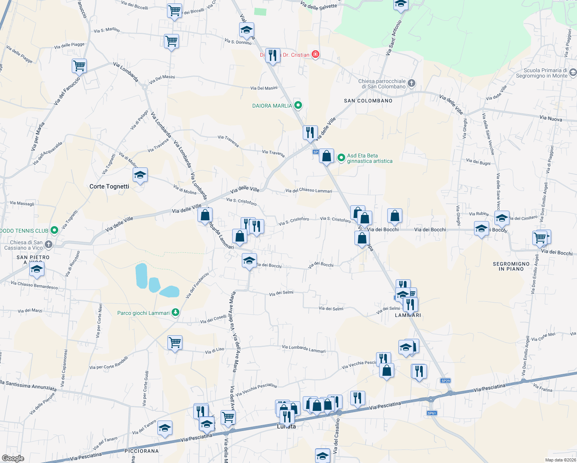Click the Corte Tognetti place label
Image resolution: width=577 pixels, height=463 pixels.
[109, 186]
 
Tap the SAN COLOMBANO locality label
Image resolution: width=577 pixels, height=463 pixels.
[368, 101]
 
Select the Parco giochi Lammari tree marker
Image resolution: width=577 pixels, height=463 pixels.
[175, 313]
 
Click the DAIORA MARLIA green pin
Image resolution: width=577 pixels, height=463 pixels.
[298, 105]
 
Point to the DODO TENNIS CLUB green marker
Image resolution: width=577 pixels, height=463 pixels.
[54, 230]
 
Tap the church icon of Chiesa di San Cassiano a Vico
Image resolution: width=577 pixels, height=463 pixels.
[49, 244]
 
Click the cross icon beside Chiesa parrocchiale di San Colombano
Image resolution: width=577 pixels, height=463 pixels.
[412, 83]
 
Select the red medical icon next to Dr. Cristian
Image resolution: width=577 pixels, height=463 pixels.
[315, 54]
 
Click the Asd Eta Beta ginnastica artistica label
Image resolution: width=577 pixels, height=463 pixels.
[369, 158]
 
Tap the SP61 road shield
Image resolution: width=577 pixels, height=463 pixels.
[432, 413]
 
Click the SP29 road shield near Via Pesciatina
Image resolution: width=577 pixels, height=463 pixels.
[445, 381]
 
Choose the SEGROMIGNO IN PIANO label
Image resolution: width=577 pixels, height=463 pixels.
[511, 266]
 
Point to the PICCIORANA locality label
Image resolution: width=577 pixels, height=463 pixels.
[142, 451]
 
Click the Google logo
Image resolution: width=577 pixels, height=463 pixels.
[13, 458]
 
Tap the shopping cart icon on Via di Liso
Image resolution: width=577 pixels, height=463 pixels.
[175, 342]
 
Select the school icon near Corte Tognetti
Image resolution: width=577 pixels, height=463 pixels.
[140, 175]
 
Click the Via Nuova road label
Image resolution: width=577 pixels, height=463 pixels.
[550, 118]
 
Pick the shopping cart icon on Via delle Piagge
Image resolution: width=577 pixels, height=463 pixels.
[79, 66]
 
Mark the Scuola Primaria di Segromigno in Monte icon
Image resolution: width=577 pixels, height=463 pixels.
[573, 73]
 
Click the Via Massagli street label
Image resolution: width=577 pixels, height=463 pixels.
[22, 203]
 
